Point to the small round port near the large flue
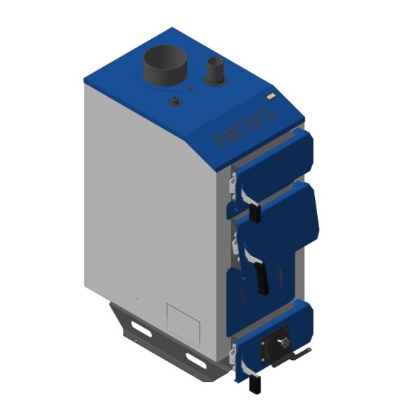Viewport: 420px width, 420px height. click(175, 102)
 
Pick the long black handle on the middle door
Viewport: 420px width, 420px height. click(262, 276)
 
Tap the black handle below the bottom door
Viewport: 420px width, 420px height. click(255, 384)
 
